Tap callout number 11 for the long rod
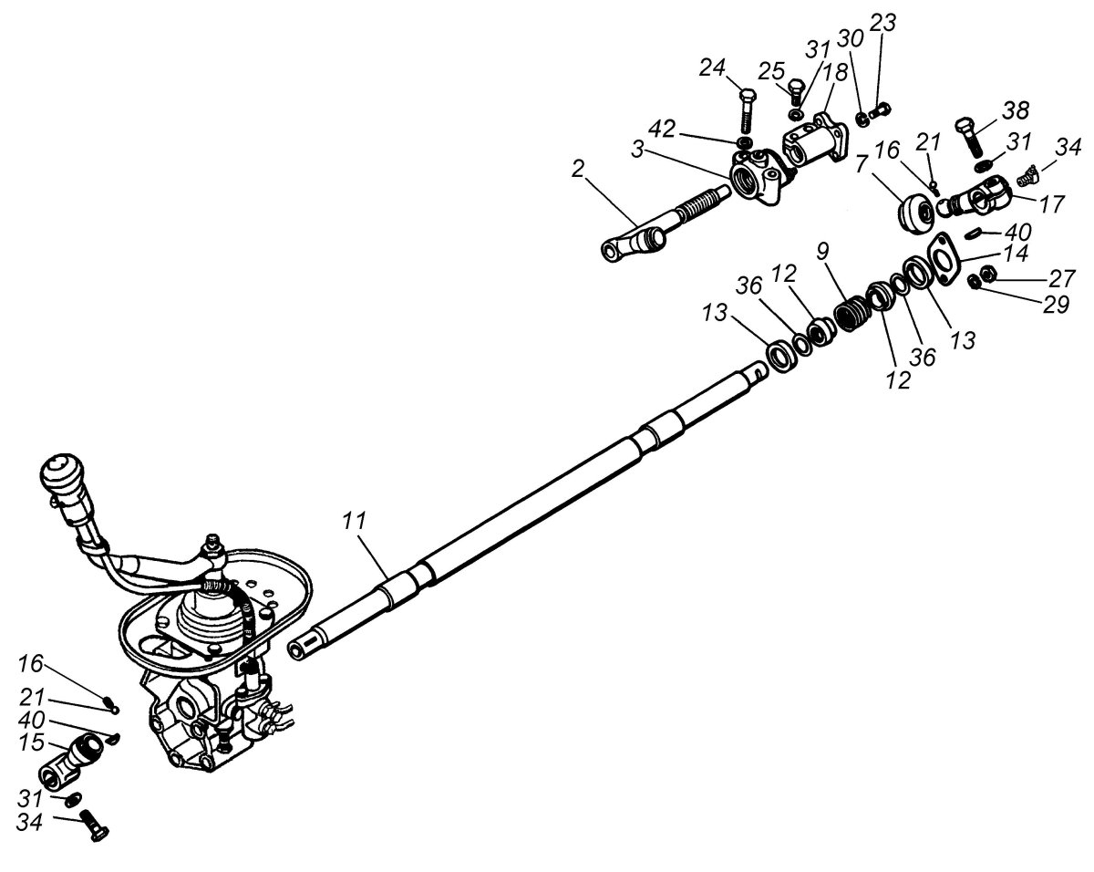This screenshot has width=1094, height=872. (x=355, y=523)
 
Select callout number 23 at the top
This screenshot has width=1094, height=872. (x=882, y=24)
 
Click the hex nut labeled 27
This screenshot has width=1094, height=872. (x=987, y=274)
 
